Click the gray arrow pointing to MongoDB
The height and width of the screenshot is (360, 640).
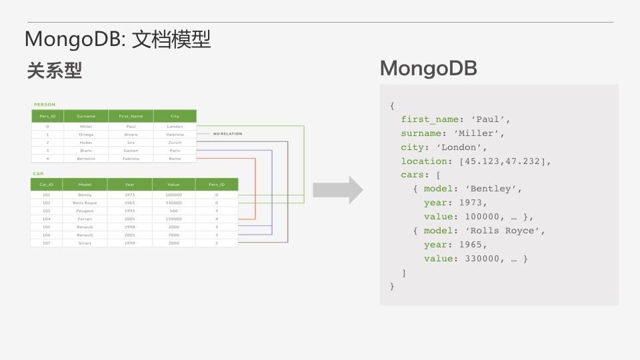338,191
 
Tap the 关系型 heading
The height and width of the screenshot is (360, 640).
54,71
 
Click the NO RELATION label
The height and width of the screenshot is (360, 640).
227,134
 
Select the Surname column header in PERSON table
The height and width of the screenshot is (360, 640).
86,116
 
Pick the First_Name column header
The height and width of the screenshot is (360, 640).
131,116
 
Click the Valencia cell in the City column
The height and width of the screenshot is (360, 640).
175,134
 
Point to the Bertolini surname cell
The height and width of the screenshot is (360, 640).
86,159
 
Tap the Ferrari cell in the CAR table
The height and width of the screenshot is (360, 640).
85,219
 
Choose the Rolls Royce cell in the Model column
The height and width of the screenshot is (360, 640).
85,203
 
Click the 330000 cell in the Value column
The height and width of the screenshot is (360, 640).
174,203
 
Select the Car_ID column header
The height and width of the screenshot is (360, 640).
47,185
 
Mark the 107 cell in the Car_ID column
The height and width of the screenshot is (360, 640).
47,243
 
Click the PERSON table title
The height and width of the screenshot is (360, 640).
45,104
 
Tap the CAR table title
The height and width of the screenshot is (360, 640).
38,173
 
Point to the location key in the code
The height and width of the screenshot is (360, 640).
423,161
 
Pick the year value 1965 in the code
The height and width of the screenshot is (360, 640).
473,245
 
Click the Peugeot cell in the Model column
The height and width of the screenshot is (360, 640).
85,211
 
